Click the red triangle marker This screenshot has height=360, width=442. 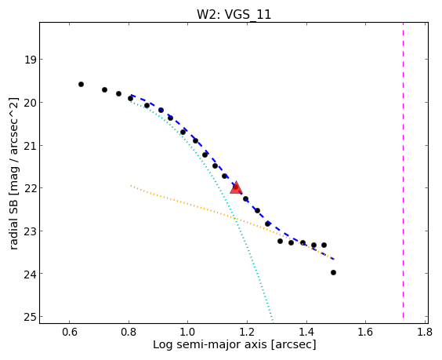pos(236,188)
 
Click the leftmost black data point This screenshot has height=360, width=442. pos(81,85)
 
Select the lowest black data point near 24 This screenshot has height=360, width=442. pos(333,272)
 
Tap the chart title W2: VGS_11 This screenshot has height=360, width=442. pos(234,14)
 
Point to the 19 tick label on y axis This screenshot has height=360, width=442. pos(30,60)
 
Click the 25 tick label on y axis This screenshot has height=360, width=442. pos(30,317)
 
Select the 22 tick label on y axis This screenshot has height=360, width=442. pos(30,188)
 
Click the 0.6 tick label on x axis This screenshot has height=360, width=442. pos(70,332)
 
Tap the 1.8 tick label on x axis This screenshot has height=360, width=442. pos(425,332)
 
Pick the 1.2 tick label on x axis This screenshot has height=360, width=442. pos(247,332)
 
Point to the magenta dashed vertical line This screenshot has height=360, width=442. pos(403,170)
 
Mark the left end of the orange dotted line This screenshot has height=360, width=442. pos(131,185)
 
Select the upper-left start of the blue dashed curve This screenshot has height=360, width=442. pos(131,95)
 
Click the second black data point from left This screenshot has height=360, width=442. pos(104,90)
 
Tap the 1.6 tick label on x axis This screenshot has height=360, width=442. pos(365,332)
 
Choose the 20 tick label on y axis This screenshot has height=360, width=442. pos(30,103)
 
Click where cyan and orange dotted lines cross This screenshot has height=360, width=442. pos(234,218)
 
